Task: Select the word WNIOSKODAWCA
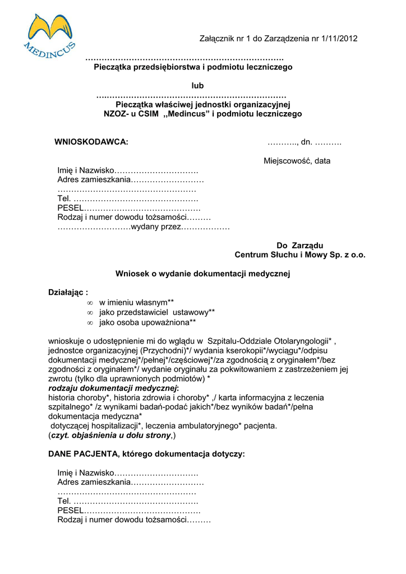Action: coord(91,142)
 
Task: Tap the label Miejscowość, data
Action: coord(297,161)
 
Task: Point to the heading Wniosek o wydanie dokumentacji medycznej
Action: coord(203,274)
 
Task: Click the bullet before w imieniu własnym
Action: coord(90,303)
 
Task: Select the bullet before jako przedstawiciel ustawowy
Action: coord(90,312)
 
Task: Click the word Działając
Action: coord(66,293)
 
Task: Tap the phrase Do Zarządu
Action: coord(300,246)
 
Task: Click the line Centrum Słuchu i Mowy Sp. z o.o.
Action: coord(300,255)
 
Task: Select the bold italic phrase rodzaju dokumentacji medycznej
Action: coord(113,388)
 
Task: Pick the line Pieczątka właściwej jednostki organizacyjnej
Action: coord(202,104)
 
